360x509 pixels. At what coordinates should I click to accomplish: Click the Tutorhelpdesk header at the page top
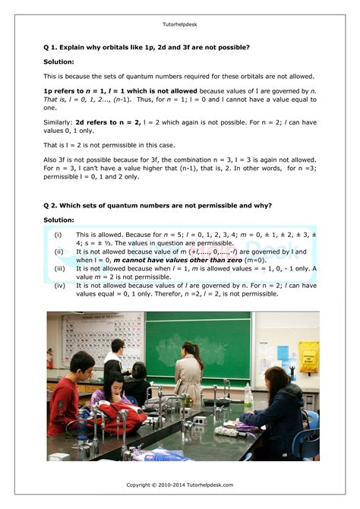point(179,24)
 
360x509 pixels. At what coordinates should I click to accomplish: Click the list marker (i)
point(58,235)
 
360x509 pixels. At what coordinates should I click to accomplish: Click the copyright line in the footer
point(179,484)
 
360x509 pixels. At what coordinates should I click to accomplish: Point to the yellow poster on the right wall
point(308,356)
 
